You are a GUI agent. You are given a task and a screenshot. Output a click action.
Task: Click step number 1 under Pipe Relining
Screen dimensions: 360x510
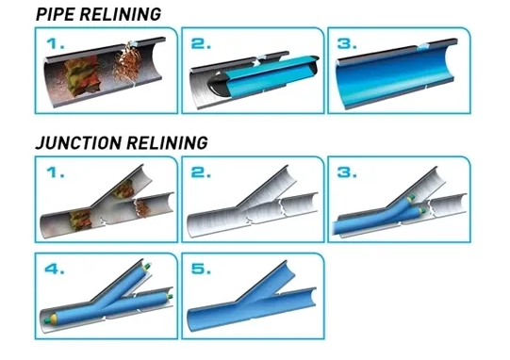(55, 43)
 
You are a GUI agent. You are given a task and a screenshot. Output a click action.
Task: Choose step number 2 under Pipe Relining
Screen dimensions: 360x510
(201, 43)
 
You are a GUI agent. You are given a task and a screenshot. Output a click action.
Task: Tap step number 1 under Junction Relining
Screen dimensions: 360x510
(55, 172)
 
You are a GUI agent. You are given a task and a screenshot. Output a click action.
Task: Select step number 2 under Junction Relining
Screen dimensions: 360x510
(201, 172)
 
